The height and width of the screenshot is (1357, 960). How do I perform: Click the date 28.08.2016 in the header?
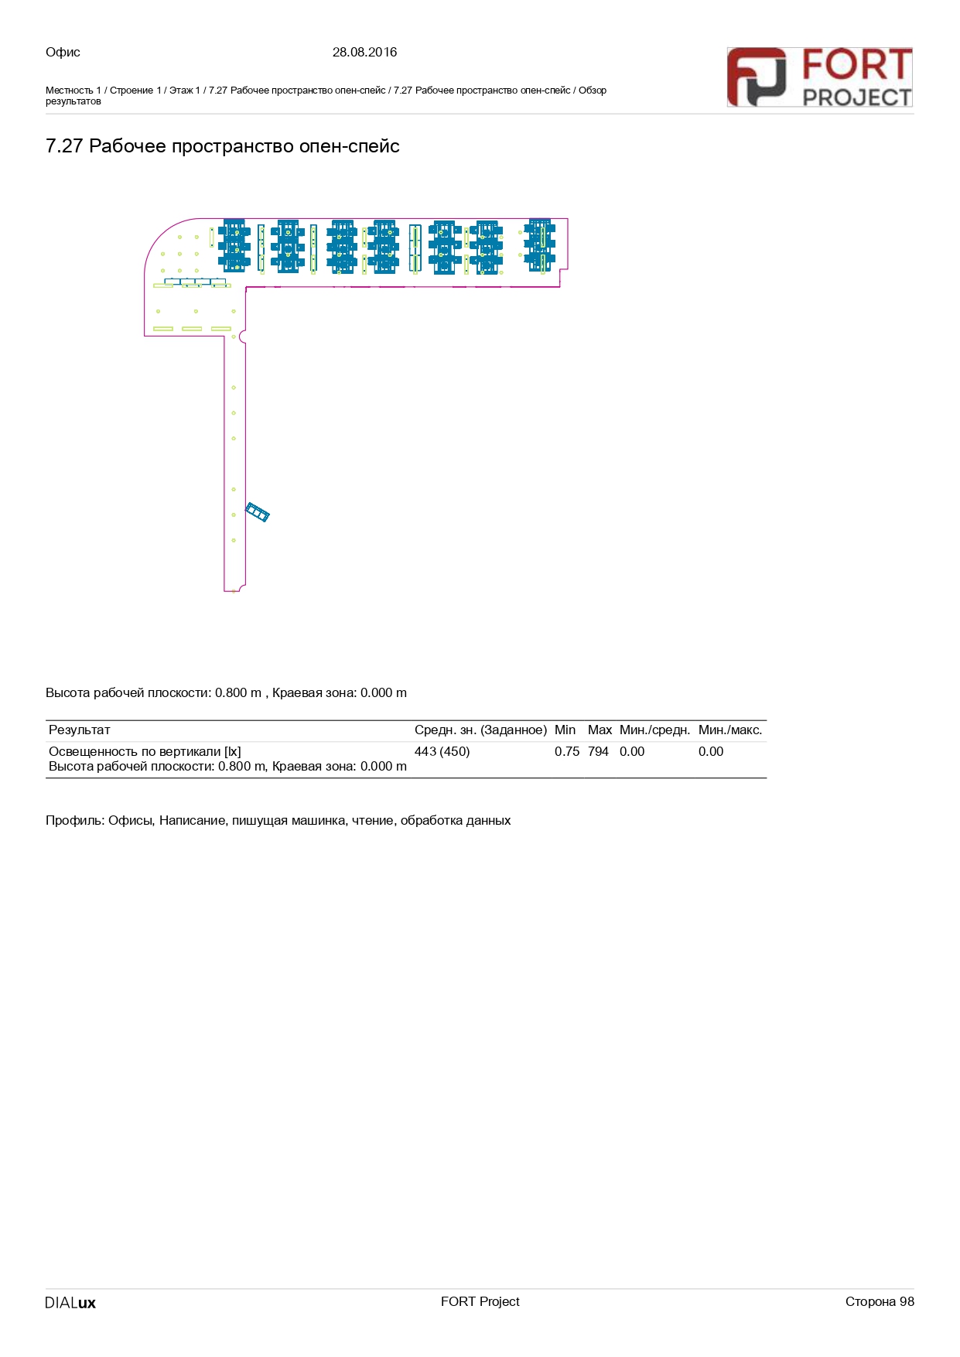[364, 52]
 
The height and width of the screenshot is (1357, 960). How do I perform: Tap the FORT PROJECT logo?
[819, 77]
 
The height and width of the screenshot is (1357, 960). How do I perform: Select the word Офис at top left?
[63, 52]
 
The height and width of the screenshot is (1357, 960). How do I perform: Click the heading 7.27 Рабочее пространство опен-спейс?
[223, 146]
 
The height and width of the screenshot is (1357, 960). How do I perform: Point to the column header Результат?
[80, 730]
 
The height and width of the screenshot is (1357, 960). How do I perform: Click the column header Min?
[565, 730]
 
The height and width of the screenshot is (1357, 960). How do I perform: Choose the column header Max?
[600, 730]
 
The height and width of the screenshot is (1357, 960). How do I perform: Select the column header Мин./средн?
[654, 730]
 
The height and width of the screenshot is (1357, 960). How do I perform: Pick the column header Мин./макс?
[730, 730]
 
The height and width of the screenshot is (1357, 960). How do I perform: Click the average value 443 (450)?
[442, 751]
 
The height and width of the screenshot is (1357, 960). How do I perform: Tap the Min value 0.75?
[567, 751]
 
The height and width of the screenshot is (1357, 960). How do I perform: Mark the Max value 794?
[598, 751]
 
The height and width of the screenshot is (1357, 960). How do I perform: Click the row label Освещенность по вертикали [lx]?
[145, 751]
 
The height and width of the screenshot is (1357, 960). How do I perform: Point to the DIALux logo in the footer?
[70, 1302]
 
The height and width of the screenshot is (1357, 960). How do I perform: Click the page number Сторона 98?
[880, 1301]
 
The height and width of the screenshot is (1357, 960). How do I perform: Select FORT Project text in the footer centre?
[480, 1301]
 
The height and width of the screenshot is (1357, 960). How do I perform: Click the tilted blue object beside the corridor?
[258, 512]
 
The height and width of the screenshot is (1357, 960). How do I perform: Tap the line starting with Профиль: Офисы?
[278, 820]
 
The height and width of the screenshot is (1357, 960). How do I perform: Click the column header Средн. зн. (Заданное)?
[480, 730]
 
